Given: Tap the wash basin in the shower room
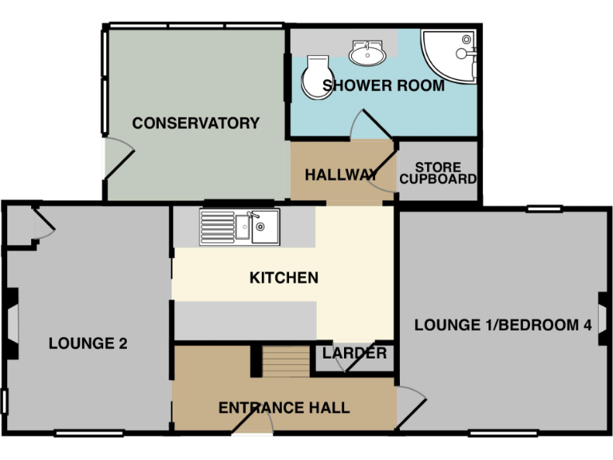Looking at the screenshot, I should pyautogui.click(x=368, y=54).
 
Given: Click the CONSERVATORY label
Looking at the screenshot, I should pyautogui.click(x=196, y=123).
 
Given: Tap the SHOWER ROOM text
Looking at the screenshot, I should pyautogui.click(x=383, y=85).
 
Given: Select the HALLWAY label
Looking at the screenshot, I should pyautogui.click(x=341, y=175).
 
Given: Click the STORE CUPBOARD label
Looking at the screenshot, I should pyautogui.click(x=437, y=173).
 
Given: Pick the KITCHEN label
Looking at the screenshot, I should pyautogui.click(x=284, y=278).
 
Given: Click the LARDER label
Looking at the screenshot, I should pyautogui.click(x=354, y=353).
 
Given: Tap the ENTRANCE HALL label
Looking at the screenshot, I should pyautogui.click(x=284, y=408).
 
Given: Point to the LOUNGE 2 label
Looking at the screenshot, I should pyautogui.click(x=88, y=343).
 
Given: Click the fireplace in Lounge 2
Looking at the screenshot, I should pyautogui.click(x=10, y=323).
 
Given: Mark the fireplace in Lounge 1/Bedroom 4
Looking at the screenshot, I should pyautogui.click(x=603, y=319).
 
